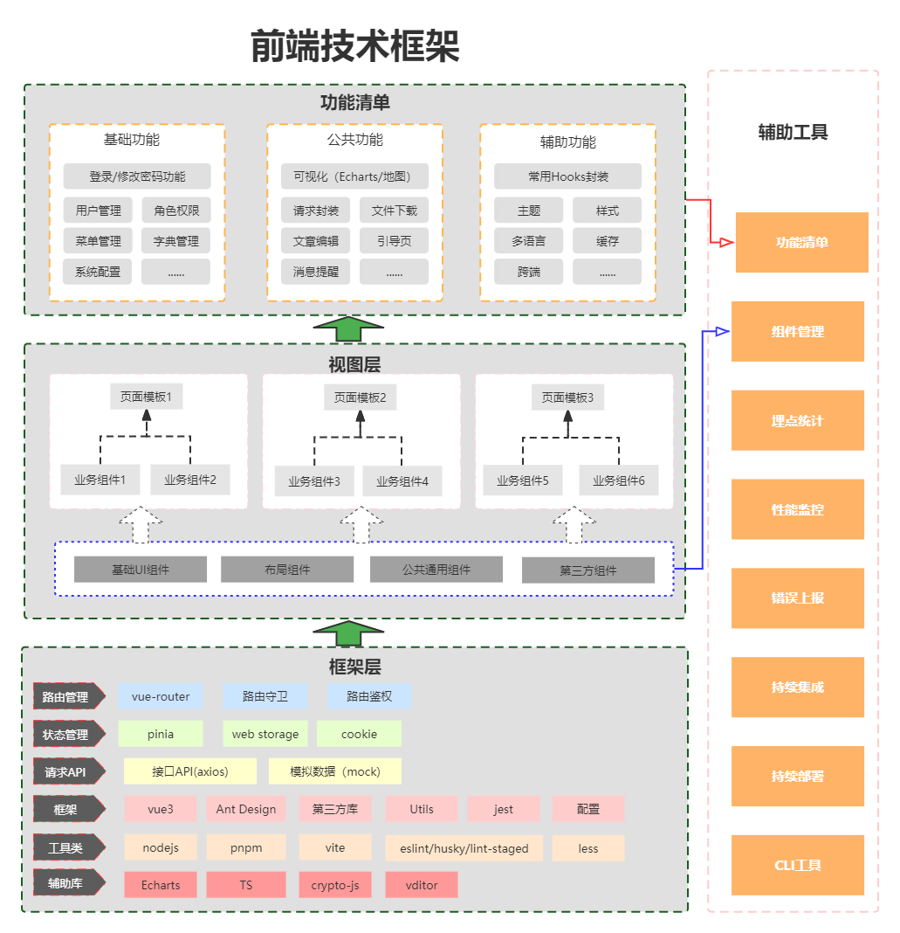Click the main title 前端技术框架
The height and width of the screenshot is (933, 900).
(x=355, y=46)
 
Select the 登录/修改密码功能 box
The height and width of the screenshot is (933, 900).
(x=137, y=176)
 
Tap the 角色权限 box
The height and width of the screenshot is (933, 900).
(x=176, y=211)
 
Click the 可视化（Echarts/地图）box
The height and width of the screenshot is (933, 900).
(x=354, y=176)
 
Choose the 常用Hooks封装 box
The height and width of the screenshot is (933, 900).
(x=567, y=176)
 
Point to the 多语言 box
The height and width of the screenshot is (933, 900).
(x=529, y=241)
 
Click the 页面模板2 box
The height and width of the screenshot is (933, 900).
(x=360, y=397)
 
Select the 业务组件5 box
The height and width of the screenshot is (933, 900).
(x=523, y=480)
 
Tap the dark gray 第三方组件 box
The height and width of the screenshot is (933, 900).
(x=588, y=570)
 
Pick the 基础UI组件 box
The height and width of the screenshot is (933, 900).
(x=141, y=570)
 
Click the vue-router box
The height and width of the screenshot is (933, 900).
(x=161, y=696)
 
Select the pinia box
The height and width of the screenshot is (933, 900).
(x=161, y=734)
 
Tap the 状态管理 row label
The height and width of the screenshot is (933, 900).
(x=67, y=735)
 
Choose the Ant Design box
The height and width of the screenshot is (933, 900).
(x=246, y=809)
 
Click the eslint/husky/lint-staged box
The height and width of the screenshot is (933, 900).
(x=464, y=848)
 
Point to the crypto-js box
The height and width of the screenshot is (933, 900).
(x=335, y=885)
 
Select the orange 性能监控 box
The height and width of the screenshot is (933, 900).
(x=798, y=509)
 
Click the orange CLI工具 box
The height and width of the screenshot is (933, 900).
(x=798, y=865)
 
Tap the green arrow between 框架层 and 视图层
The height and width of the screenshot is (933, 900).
(x=348, y=632)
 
